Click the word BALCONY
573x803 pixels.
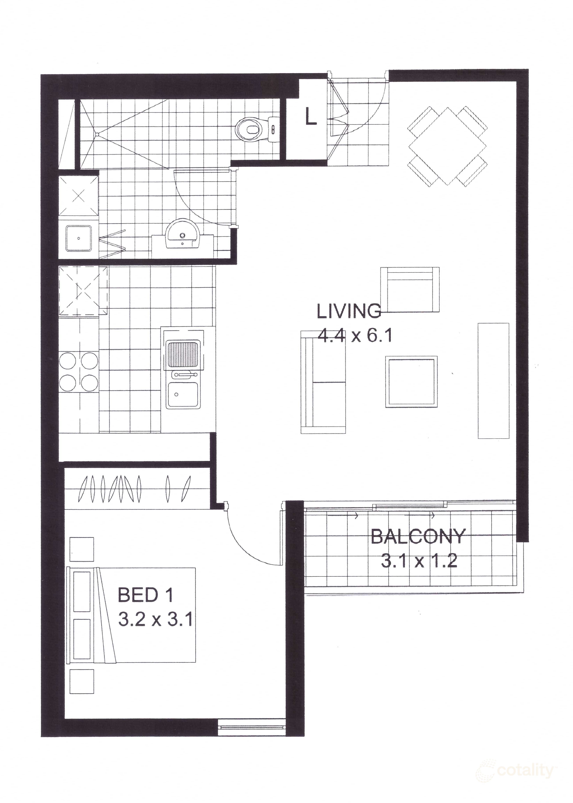pos(418,537)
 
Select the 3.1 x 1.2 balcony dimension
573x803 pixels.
pos(419,561)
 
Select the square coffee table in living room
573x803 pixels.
pos(411,382)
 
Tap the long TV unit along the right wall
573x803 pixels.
pos(493,381)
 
